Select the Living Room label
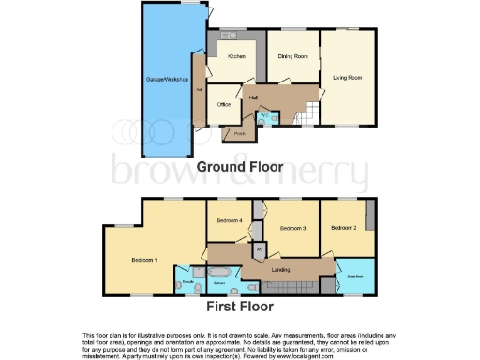(x=349, y=77)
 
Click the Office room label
(x=224, y=104)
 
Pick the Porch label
(x=240, y=133)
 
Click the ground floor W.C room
(x=264, y=116)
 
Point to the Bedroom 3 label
(x=294, y=227)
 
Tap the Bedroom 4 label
(x=230, y=221)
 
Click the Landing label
(x=280, y=270)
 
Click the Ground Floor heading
(x=240, y=166)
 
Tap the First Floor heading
(x=240, y=307)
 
